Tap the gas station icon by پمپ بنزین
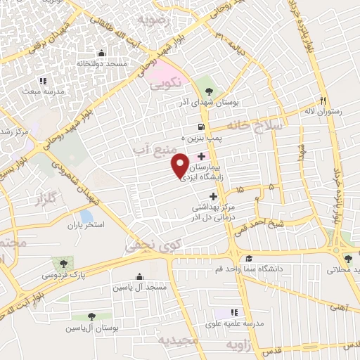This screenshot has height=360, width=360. tap(202, 127)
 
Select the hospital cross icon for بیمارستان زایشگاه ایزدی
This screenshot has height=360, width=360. tap(202, 155)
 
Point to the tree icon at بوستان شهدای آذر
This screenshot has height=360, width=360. tap(208, 89)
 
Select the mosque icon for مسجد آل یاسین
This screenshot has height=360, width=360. tap(139, 276)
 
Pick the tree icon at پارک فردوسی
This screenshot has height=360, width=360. tap(64, 264)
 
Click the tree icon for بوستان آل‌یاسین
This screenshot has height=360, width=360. tap(92, 317)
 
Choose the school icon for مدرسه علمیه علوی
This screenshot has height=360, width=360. tap(234, 311)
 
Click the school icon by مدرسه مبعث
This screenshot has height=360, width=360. tap(42, 81)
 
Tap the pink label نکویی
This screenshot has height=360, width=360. tap(166, 83)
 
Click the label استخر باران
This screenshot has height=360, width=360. tap(85, 226)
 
